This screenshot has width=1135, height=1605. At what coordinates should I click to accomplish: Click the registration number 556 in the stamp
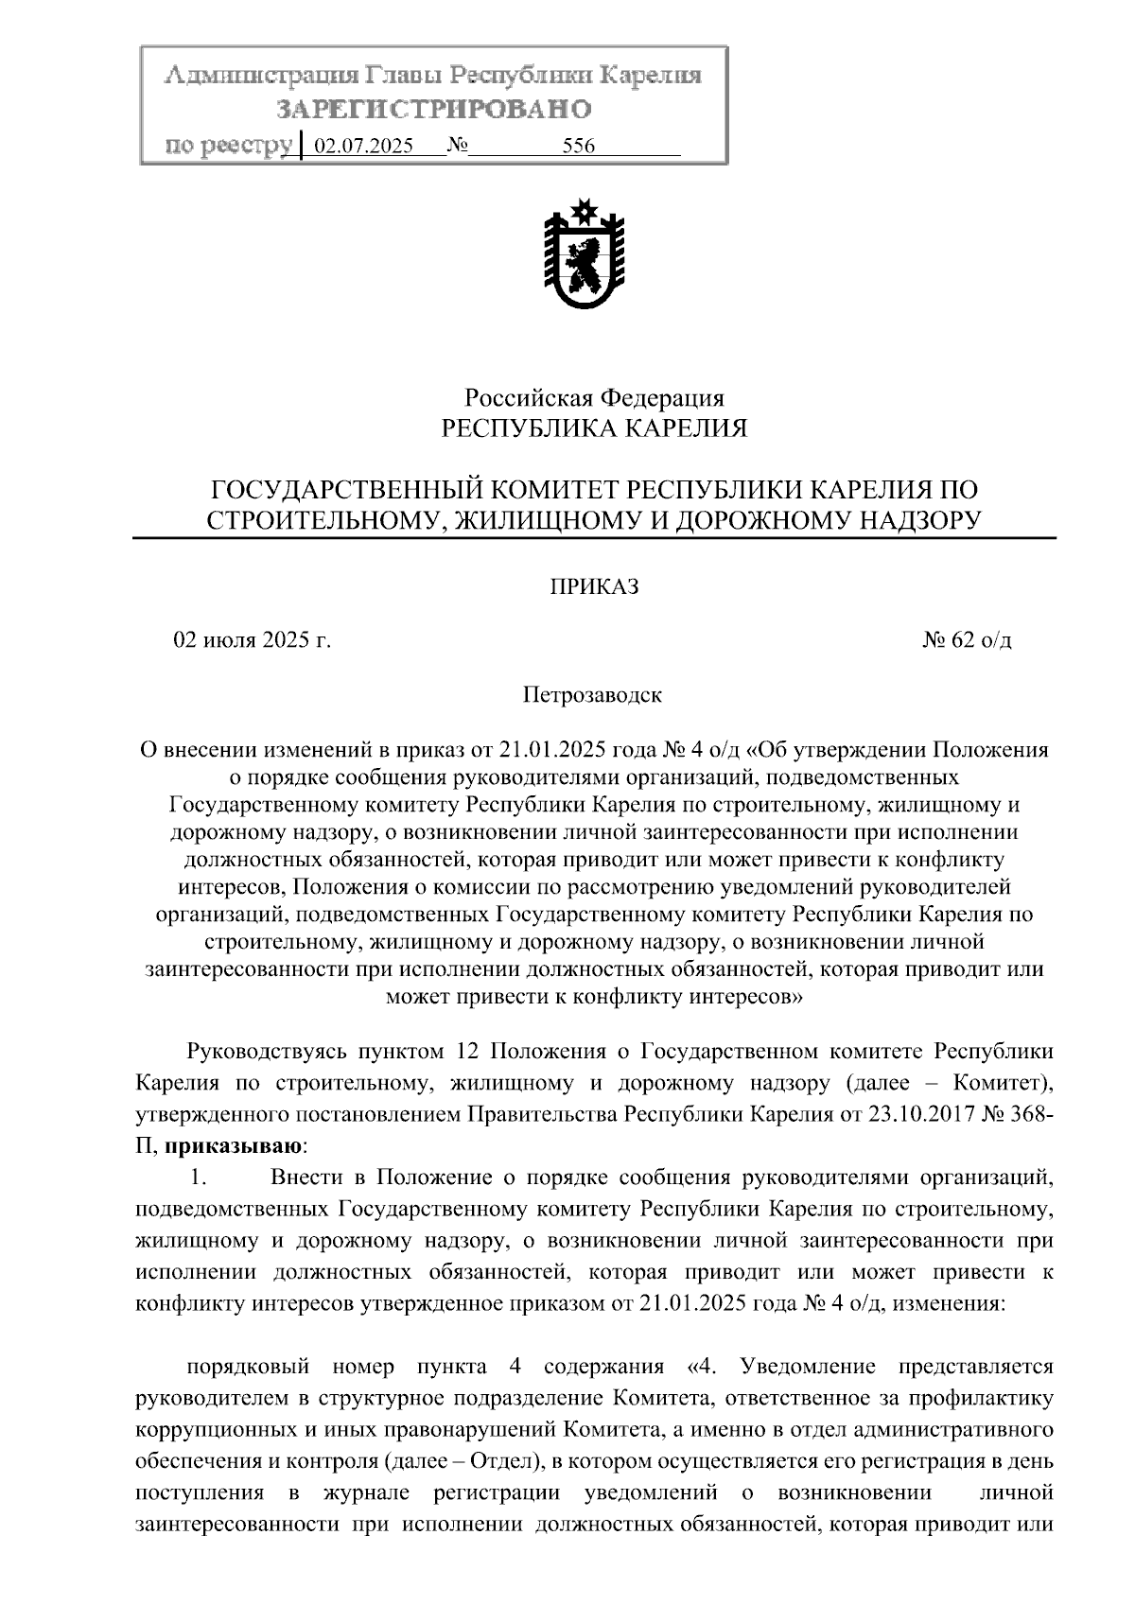point(578,147)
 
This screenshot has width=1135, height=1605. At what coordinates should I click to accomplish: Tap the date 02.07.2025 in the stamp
point(363,147)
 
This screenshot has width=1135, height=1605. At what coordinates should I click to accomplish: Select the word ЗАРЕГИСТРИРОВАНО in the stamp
point(433,110)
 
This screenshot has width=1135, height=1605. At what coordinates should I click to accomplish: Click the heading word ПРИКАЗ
point(595,587)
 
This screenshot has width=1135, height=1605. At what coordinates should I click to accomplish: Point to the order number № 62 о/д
point(967,640)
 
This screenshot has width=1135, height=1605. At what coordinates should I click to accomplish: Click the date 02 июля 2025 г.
point(252,640)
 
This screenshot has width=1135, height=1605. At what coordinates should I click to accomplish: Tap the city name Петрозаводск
point(593,696)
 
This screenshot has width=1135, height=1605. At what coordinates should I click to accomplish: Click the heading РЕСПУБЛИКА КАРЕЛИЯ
point(595,429)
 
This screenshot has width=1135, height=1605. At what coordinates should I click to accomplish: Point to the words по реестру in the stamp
point(227,146)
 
